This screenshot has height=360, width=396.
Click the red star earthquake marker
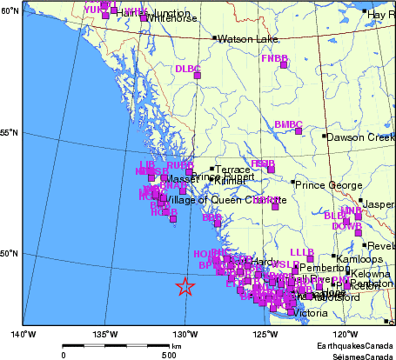185,287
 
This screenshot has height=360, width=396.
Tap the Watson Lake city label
243,39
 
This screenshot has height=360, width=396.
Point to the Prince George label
326,185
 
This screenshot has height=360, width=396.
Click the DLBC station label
187,69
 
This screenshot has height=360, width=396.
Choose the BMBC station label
287,124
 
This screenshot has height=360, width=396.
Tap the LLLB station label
301,252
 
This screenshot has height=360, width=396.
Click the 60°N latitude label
10,10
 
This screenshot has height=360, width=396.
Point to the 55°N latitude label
10,132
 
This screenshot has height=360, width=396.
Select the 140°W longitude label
23,334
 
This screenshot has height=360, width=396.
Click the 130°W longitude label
184,334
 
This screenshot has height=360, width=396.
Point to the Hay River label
379,15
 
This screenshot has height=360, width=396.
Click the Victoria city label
312,313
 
